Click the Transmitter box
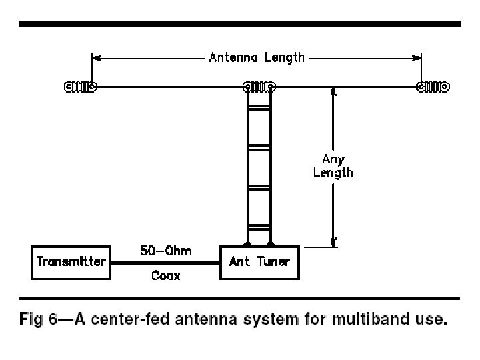point(71,262)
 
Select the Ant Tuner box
point(259,262)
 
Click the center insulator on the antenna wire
point(259,87)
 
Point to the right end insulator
point(433,87)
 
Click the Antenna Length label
point(257,57)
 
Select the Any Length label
point(333,166)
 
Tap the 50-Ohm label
point(165,251)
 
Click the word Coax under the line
point(165,275)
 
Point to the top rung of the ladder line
point(259,107)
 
